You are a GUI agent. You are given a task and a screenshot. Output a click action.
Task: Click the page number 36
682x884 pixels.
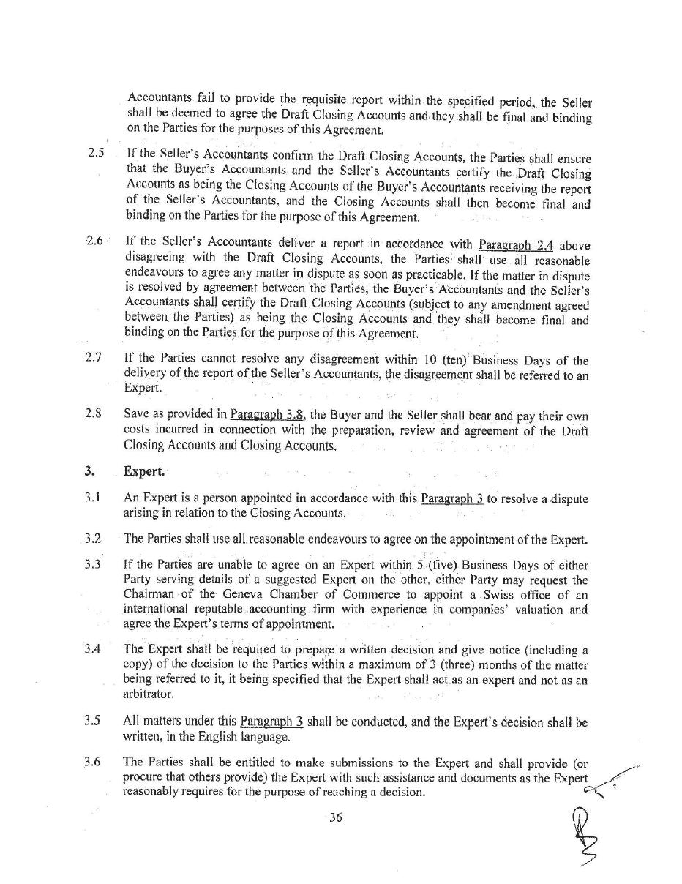tap(335, 818)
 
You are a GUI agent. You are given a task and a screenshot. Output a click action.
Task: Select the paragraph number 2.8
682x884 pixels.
tap(93, 413)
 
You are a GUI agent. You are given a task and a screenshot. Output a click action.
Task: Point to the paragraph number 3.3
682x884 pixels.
tap(92, 564)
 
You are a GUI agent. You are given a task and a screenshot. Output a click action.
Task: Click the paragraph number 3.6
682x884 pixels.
tap(91, 762)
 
